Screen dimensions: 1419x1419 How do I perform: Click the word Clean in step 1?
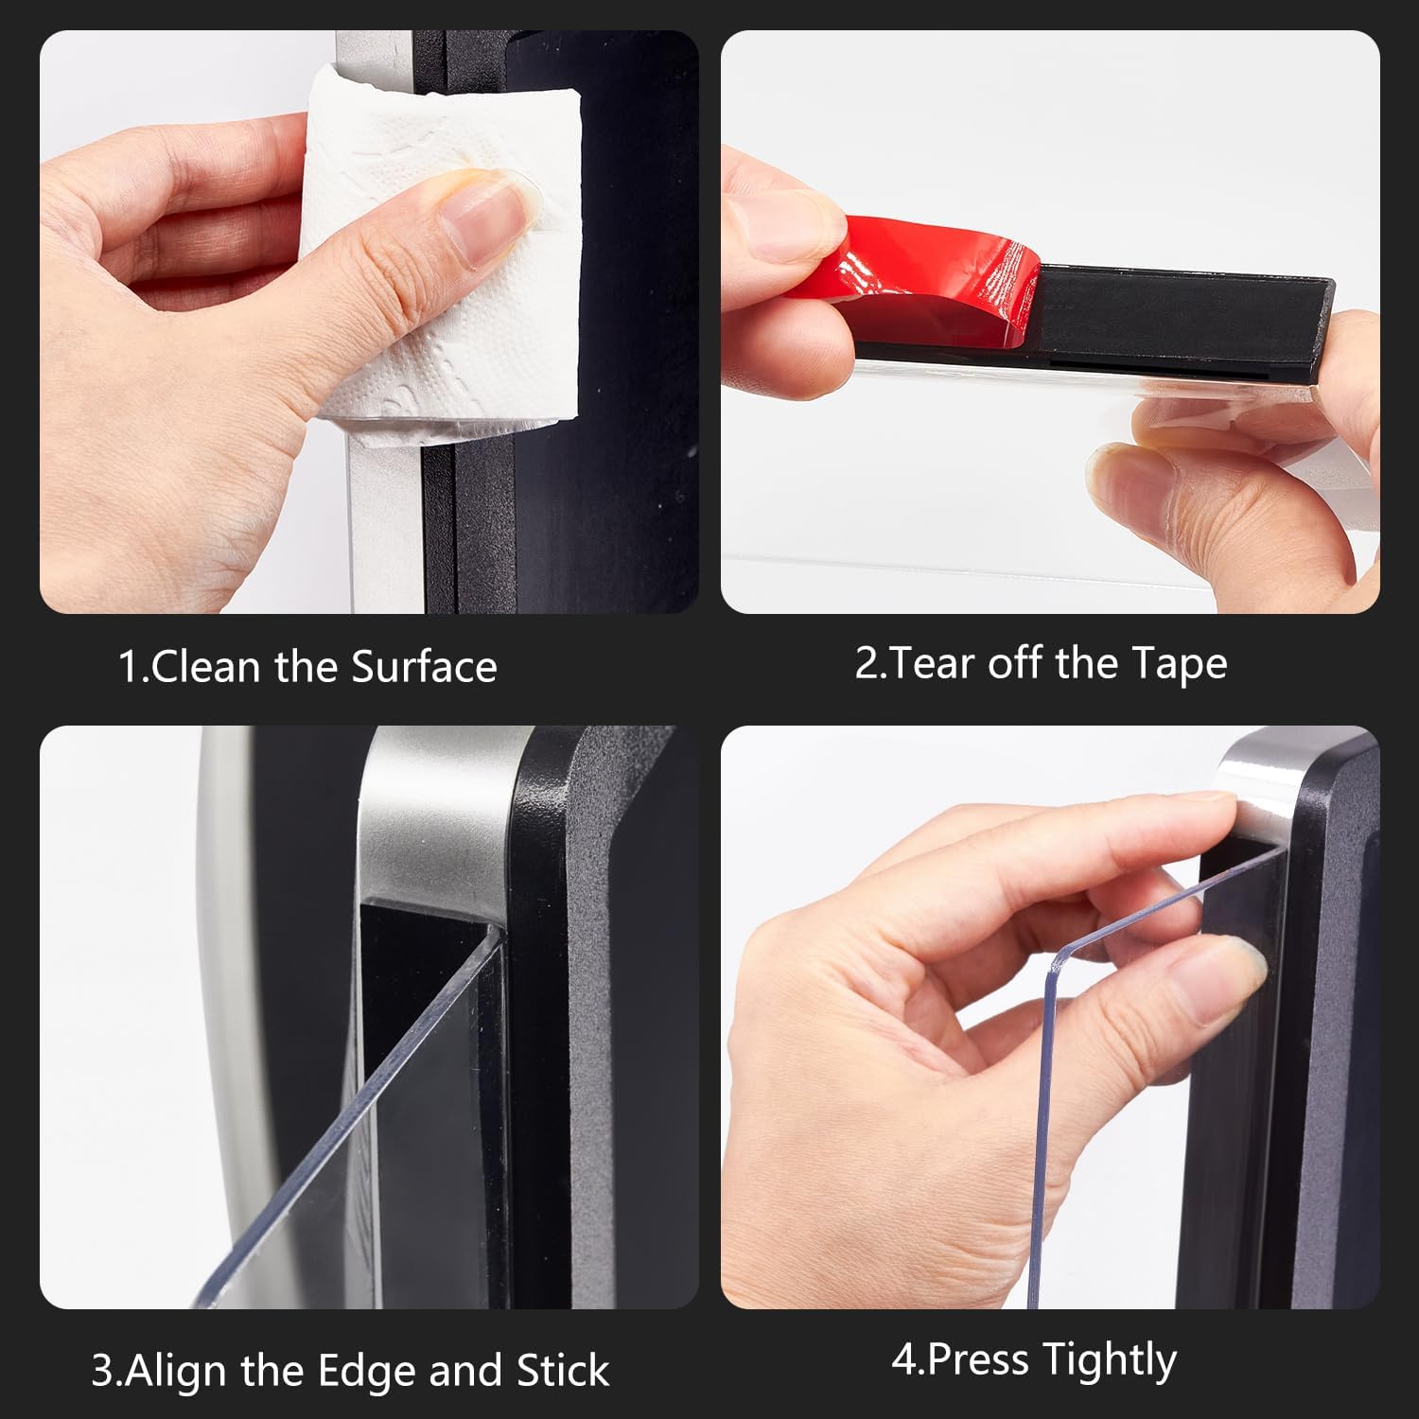point(205,667)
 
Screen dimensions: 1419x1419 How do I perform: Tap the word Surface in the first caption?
point(424,667)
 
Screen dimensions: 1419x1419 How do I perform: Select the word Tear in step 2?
point(932,663)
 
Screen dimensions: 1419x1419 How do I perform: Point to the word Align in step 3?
point(177,1371)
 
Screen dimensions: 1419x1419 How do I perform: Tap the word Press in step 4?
point(977,1359)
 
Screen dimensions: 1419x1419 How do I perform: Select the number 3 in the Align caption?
point(102,1371)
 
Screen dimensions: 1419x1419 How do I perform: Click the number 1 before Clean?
point(129,667)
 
